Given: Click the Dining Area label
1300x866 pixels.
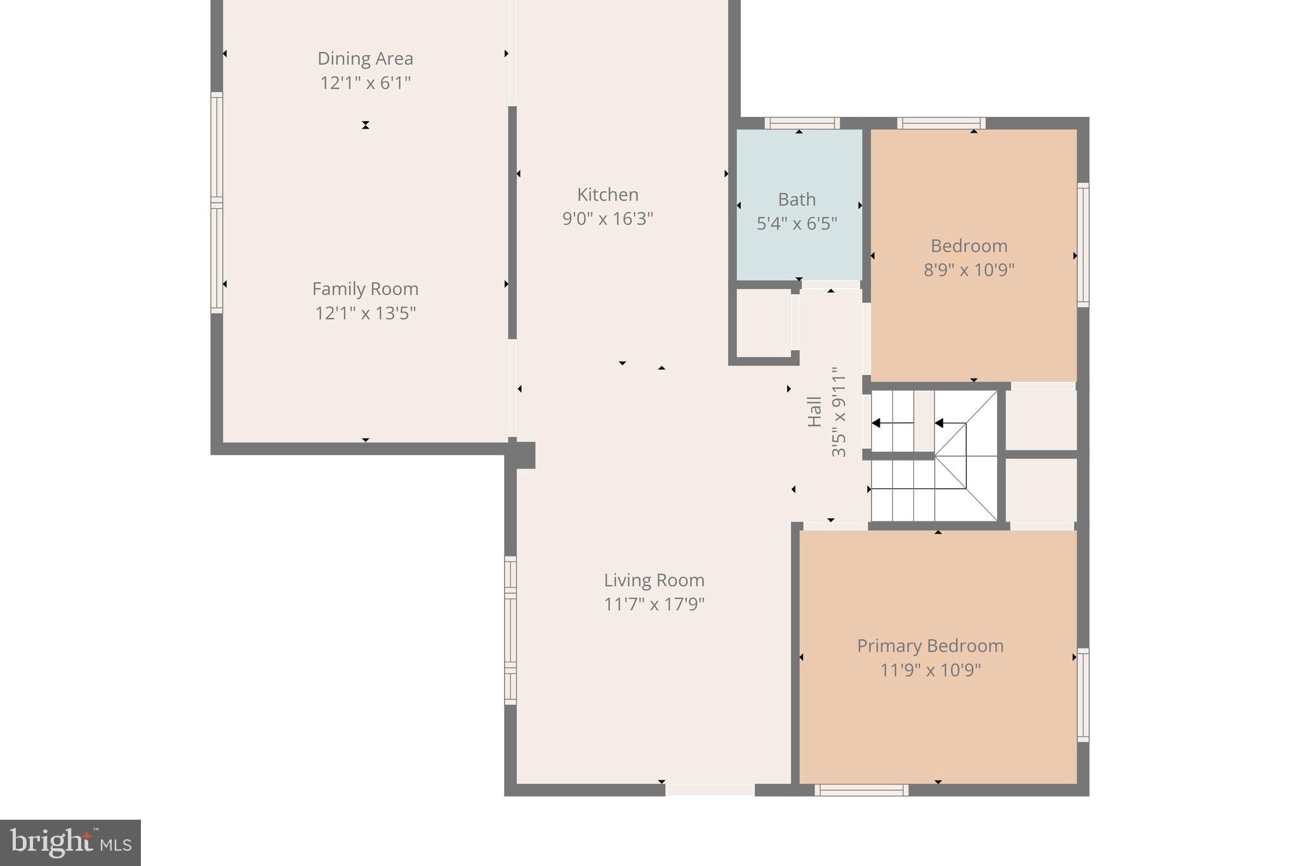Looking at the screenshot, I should (x=365, y=58).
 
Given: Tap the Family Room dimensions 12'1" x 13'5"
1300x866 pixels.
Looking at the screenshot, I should (x=365, y=313).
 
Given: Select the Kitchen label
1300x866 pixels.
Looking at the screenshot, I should (x=607, y=194).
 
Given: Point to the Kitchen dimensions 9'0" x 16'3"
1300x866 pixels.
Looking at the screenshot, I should (x=607, y=219).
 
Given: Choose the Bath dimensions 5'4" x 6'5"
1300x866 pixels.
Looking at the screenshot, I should (x=797, y=223).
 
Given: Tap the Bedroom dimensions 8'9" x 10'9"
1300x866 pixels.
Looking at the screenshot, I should (x=969, y=270).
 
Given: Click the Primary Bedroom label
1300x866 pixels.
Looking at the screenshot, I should (x=930, y=646).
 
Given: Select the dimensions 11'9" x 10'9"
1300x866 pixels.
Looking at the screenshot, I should (x=930, y=670).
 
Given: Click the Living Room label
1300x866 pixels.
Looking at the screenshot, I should (x=654, y=580).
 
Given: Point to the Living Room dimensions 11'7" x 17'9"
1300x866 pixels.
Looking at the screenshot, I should (x=654, y=604).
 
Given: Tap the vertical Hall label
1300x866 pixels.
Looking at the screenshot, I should (x=814, y=412).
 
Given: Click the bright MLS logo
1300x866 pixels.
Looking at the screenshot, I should (x=70, y=843).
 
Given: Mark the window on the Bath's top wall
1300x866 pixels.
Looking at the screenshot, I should (x=802, y=123).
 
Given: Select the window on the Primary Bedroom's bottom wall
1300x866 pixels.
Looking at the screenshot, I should (x=861, y=790).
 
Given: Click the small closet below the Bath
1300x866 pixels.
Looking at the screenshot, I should (x=763, y=324).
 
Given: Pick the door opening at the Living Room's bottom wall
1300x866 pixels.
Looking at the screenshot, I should (x=710, y=790).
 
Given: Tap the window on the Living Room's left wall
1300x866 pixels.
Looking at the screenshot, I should (x=510, y=630).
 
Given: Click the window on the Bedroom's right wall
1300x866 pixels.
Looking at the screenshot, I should (x=1083, y=245).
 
